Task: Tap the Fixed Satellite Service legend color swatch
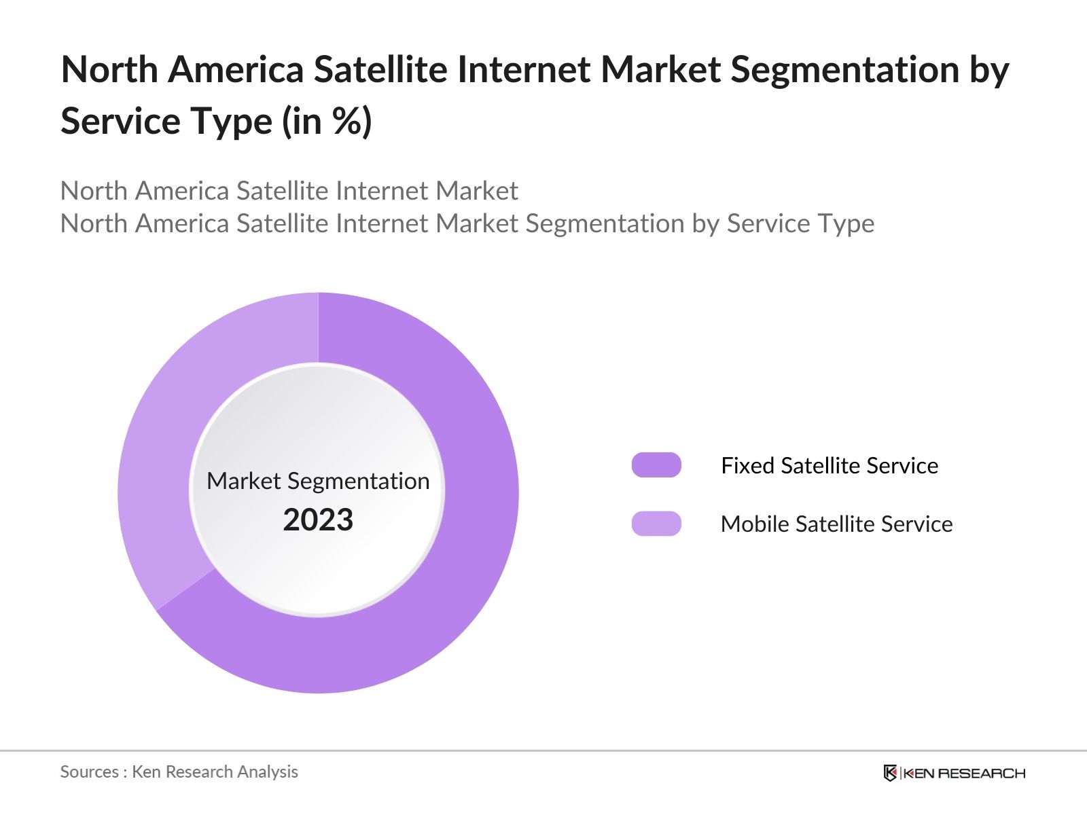tap(656, 465)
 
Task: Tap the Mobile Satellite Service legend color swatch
tap(656, 524)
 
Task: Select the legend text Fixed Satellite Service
tap(829, 465)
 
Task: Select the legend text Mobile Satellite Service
tap(836, 524)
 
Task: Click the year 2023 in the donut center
tap(318, 520)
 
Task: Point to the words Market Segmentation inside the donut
tap(318, 481)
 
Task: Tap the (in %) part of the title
tap(327, 121)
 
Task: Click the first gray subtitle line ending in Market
tap(289, 191)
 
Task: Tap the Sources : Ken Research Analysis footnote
tap(179, 772)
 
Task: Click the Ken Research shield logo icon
tap(890, 773)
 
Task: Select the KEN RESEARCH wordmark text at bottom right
tap(963, 773)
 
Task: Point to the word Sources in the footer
tap(89, 772)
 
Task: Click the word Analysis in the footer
tap(271, 772)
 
